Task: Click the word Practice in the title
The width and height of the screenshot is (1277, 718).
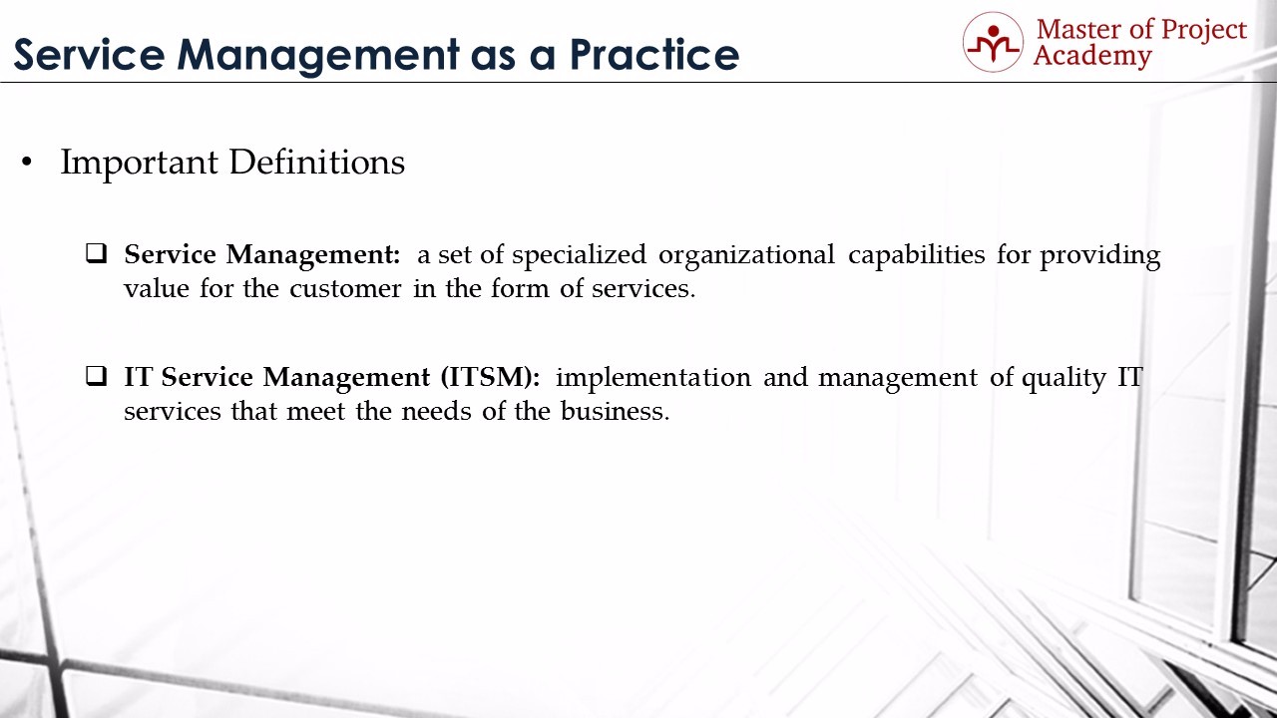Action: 654,55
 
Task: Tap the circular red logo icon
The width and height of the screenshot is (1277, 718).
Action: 993,42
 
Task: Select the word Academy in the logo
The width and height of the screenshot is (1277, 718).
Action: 1092,56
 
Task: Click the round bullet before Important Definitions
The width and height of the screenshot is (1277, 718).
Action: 26,163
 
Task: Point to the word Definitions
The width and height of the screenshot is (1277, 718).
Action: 317,163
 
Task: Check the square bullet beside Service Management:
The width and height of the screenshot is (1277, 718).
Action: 97,253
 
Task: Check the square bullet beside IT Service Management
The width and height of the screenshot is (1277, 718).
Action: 97,376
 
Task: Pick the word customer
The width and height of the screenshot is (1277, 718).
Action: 345,289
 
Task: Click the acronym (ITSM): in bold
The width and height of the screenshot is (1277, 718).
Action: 490,378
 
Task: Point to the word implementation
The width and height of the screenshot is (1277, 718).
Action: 653,378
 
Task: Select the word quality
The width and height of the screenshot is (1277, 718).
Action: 1064,378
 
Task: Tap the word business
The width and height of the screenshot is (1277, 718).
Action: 615,411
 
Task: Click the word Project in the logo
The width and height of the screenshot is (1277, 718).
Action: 1204,31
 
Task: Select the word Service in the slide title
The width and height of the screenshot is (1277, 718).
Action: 90,55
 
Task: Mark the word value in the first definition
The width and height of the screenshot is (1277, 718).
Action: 157,289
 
